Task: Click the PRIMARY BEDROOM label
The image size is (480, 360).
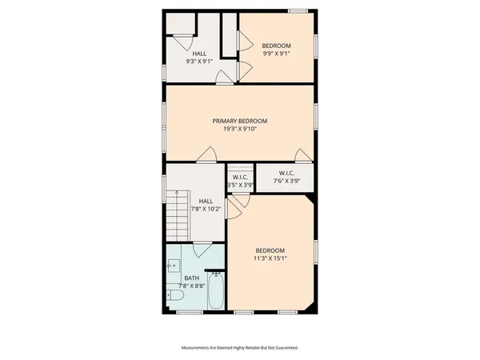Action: [x=239, y=121]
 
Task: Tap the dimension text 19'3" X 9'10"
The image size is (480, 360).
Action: [x=239, y=129]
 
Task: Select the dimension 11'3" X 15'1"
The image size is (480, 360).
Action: [x=270, y=258]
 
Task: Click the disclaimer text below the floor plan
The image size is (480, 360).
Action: [x=239, y=348]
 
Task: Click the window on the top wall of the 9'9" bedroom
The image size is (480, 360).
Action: [x=298, y=10]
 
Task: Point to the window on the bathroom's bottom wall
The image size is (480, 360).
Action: [x=189, y=311]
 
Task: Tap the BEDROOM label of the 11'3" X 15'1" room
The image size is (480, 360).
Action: [x=270, y=250]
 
